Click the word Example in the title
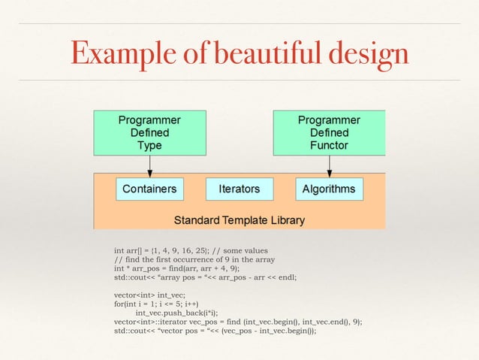pos(121,52)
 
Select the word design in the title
pos(369,52)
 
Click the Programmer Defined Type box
pos(149,132)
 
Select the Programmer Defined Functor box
pos(329,132)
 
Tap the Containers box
pos(149,189)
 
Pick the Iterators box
pos(239,189)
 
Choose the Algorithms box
pos(329,189)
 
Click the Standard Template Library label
pos(239,220)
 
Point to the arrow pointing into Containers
pos(149,166)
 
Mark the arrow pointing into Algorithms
pos(329,166)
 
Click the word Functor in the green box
pos(329,145)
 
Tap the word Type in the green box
pos(149,145)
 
